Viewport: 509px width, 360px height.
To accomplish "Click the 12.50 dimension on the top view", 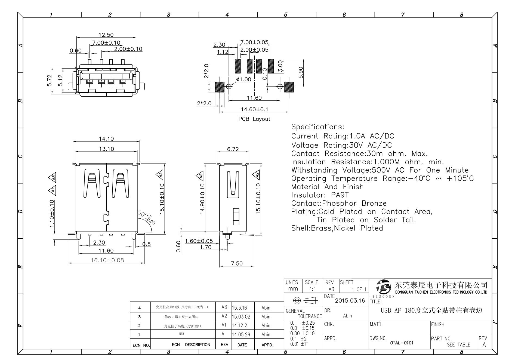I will click(x=106, y=35).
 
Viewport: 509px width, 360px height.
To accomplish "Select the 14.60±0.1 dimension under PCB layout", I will click(x=254, y=109).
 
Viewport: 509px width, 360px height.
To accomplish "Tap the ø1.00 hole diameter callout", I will click(x=243, y=79).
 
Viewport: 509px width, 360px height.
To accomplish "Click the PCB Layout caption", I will click(x=254, y=119).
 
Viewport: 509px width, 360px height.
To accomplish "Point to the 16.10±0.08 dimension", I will click(x=107, y=260).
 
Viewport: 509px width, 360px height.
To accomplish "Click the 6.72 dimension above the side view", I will click(x=233, y=149).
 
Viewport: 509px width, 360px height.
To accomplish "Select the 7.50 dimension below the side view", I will click(x=236, y=263).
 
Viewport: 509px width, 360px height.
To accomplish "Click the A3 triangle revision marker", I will click(x=54, y=177).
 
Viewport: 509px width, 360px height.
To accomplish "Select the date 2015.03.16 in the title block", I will click(x=350, y=301).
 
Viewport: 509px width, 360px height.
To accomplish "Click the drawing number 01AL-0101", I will click(x=402, y=343).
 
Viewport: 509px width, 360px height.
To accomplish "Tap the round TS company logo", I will click(x=384, y=288).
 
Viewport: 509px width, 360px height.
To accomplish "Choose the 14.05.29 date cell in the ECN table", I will click(x=241, y=334).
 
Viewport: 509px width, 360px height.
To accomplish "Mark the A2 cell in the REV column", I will click(x=224, y=316).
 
